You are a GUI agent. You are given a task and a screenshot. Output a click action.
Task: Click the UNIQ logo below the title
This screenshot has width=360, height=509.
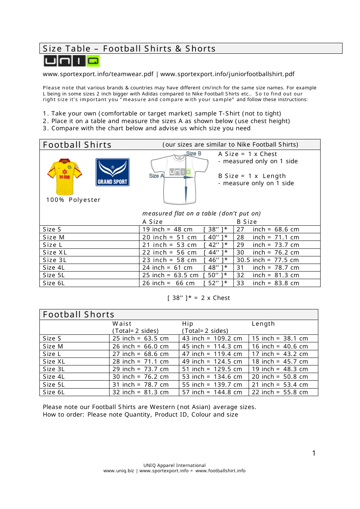pos(71,61)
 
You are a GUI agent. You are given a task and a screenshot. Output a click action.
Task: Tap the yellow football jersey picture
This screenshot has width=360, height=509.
pos(65,176)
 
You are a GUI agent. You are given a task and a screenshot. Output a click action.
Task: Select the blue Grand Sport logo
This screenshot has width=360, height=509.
pos(113,172)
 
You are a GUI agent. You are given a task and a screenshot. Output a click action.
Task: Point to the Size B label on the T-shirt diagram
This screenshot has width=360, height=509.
pos(193,154)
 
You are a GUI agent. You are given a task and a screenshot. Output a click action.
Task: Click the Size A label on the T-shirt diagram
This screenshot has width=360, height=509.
pos(156,176)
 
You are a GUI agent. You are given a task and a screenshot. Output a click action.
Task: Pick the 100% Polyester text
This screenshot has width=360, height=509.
pos(73,200)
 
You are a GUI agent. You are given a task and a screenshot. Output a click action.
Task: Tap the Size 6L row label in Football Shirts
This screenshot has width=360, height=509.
pos(54,283)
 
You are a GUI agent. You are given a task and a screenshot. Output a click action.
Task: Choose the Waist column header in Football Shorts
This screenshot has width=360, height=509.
pos(122,324)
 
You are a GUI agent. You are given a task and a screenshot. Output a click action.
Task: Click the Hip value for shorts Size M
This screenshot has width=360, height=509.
pos(212,347)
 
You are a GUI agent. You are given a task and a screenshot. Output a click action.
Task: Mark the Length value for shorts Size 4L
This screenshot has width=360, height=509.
pos(280,377)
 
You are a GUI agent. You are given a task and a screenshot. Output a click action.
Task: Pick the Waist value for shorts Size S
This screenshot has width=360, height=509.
pos(140,339)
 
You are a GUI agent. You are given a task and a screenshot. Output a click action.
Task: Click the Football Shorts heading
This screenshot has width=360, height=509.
pos(78,315)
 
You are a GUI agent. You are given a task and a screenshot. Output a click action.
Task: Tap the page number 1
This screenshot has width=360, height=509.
pos(314,453)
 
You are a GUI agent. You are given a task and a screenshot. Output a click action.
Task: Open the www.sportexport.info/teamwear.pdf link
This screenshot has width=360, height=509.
pos(98,74)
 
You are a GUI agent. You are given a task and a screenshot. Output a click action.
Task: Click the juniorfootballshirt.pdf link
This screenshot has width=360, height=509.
pos(227,74)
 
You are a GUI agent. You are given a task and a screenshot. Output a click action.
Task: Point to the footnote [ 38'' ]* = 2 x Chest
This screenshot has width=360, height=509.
pos(199,298)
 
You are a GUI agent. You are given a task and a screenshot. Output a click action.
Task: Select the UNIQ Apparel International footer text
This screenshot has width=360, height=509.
pos(174,465)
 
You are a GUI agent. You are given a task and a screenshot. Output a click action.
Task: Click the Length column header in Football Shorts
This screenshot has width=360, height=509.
pos(263,324)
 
